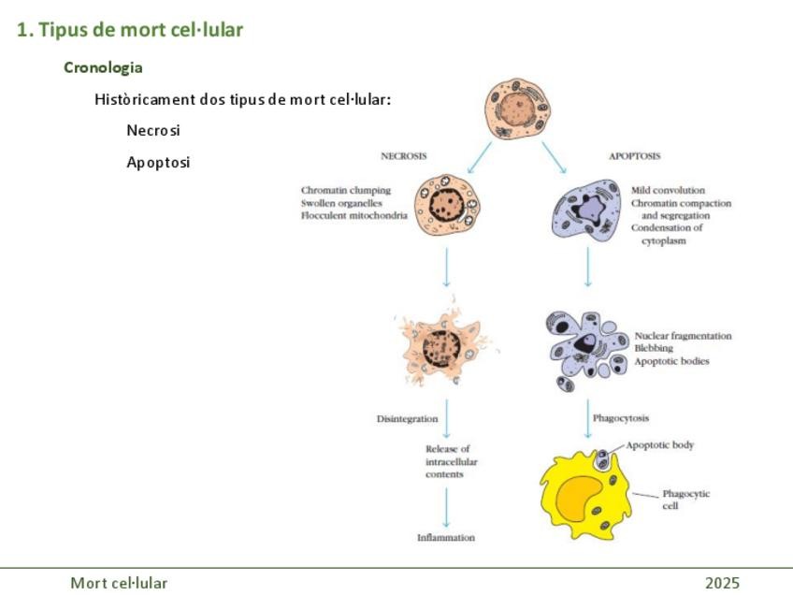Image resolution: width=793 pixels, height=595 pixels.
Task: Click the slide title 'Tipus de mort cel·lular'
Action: point(130,30)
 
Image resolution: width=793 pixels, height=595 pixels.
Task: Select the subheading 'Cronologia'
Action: point(103,67)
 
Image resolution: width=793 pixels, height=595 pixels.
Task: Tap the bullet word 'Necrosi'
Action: point(152,131)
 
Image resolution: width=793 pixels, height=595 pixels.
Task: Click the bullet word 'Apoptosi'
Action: point(158,163)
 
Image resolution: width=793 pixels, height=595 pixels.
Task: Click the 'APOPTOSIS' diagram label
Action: point(634,156)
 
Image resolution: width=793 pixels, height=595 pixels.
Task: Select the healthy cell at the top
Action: point(515,111)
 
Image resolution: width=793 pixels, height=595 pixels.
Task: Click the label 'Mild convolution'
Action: point(668,190)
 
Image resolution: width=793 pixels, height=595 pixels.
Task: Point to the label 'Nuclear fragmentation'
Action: point(683,336)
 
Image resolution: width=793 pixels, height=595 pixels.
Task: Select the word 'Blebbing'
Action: point(653,348)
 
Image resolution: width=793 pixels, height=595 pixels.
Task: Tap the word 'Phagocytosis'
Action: point(621,418)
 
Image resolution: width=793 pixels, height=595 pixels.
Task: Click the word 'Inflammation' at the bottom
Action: point(446,538)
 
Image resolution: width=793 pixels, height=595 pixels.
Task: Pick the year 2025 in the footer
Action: point(722,584)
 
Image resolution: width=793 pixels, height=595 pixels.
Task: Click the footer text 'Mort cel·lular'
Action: point(119,584)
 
